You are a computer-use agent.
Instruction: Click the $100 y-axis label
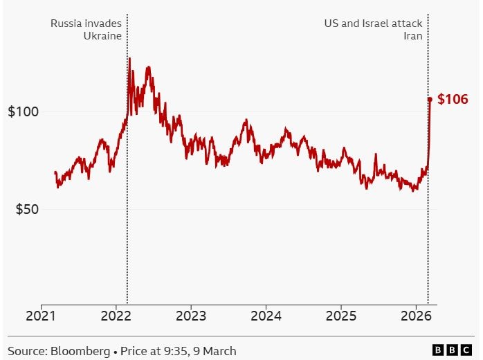[22, 112]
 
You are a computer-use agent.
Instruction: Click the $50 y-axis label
[26, 210]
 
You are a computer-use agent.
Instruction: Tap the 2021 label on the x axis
[41, 318]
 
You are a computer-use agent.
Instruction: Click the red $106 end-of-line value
[453, 100]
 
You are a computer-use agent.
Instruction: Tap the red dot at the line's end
[430, 100]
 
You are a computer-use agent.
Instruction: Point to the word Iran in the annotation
[413, 36]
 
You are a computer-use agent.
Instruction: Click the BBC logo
[453, 351]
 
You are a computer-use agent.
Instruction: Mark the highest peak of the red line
[129, 59]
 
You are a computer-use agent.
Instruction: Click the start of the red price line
[55, 172]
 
